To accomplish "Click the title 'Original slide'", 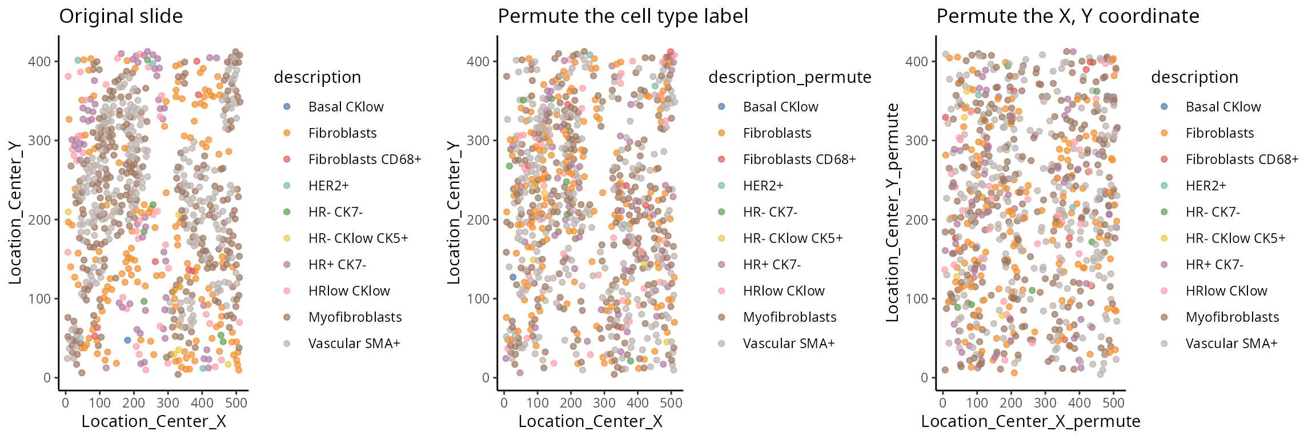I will click(121, 16).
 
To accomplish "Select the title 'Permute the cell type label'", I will click(623, 16).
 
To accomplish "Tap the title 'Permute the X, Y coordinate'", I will click(1068, 16).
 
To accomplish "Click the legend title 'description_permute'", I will click(789, 77).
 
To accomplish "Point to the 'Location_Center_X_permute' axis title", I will click(1030, 421).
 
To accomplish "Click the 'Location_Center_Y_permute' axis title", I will click(892, 213).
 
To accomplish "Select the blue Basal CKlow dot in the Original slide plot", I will click(127, 340).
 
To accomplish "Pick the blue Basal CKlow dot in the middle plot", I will click(513, 277).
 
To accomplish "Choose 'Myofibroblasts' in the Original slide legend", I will click(355, 317).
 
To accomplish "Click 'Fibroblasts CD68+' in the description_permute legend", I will click(799, 159).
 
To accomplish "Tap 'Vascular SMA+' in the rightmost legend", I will click(1231, 344).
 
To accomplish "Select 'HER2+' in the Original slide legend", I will click(328, 186).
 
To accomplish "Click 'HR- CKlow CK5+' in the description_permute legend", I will click(792, 238).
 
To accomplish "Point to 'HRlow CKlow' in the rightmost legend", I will click(1226, 291).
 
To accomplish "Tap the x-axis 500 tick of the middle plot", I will click(671, 402).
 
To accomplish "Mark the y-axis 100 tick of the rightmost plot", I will click(916, 298).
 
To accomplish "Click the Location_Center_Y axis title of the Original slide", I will click(15, 213).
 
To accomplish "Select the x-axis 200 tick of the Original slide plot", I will click(134, 402).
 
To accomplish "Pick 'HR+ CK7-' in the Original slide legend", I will click(337, 265).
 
